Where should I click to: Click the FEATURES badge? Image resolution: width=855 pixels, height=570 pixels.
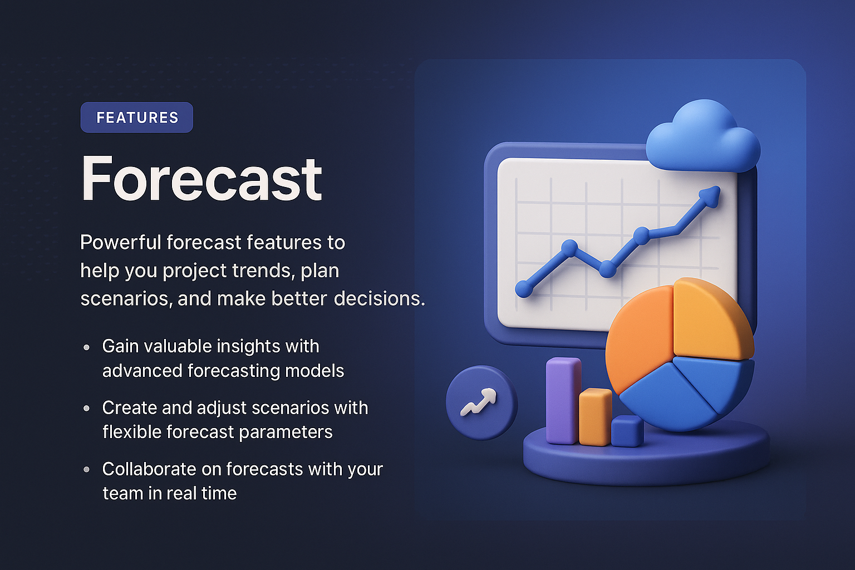137,117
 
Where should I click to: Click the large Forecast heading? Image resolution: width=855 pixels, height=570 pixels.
202,179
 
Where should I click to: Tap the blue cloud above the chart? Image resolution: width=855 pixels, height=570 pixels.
703,138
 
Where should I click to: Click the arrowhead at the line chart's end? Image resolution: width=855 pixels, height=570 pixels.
710,196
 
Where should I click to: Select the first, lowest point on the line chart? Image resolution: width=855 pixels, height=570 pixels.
523,288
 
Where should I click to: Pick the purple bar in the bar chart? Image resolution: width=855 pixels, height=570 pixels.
563,401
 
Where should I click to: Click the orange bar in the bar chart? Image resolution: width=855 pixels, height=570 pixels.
595,417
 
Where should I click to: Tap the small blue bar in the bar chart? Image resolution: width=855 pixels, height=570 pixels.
627,431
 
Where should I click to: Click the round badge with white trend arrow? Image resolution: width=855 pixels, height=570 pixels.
481,402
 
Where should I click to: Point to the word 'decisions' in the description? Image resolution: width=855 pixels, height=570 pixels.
379,299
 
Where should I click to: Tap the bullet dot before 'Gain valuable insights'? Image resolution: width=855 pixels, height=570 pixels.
86,347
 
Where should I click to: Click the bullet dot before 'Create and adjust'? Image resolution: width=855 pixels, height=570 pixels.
86,408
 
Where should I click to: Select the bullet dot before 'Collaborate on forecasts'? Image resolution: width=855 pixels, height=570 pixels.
86,469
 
